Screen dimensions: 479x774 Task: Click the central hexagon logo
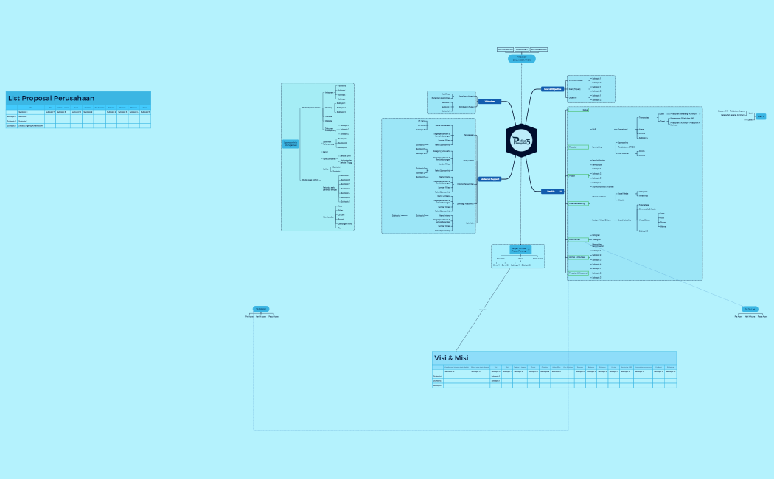tap(521, 140)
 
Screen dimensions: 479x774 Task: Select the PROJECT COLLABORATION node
tap(521, 59)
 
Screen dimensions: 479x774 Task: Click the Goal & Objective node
tap(552, 89)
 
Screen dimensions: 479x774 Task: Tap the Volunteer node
tap(489, 101)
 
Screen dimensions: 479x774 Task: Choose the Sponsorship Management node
tap(290, 144)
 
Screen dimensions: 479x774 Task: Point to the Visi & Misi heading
tap(451, 357)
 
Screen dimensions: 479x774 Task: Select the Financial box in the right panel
tap(573, 147)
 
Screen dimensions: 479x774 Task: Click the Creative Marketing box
tap(576, 203)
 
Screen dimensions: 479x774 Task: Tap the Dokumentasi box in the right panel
tap(575, 239)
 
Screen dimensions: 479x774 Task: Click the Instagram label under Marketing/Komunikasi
tap(329, 93)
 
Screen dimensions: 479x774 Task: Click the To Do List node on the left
tap(261, 309)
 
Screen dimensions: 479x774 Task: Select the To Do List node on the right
tap(750, 309)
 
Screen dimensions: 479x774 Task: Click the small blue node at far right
tap(761, 116)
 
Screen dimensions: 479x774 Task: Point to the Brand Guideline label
tap(624, 220)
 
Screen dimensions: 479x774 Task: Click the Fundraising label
tap(598, 147)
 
